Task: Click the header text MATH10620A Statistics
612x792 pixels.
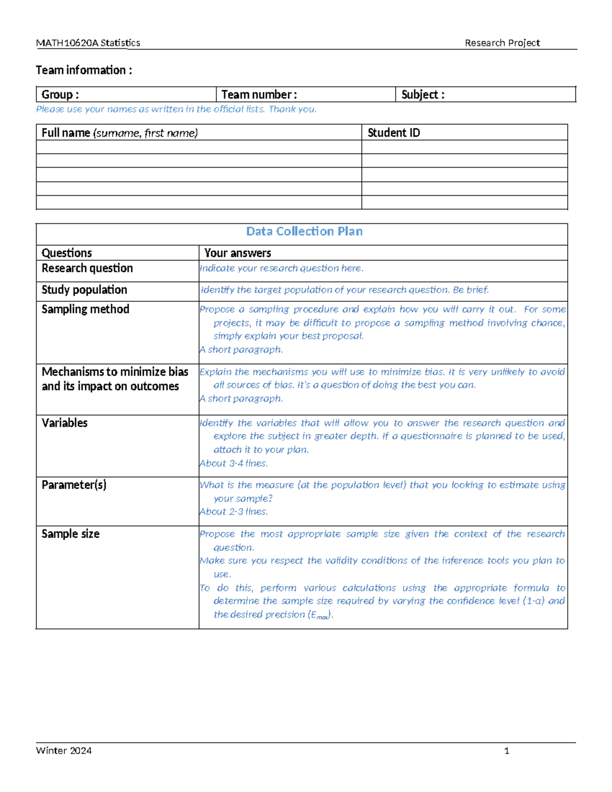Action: pos(88,43)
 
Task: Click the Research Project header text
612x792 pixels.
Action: pos(502,43)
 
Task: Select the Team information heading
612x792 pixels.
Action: pos(84,70)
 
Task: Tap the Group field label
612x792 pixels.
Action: pos(60,94)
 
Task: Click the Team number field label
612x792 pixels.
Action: pos(259,94)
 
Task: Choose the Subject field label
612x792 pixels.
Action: pos(422,94)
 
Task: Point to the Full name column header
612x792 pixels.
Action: pos(119,133)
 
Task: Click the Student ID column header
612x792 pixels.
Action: pos(393,133)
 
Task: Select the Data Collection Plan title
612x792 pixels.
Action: pos(304,231)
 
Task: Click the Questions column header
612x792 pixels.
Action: pos(66,253)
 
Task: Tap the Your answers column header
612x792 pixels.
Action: pos(237,253)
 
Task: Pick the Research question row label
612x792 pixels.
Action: pos(87,268)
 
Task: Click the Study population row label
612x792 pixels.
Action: pos(84,290)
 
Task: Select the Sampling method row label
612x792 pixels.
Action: pos(85,309)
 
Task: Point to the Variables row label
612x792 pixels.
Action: pos(64,423)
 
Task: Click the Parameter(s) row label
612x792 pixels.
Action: pos(74,484)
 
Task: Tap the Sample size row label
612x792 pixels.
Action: pos(70,533)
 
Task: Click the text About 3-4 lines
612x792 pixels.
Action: pos(233,463)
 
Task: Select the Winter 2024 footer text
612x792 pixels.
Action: pos(64,750)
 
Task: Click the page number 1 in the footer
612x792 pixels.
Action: pos(506,750)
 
